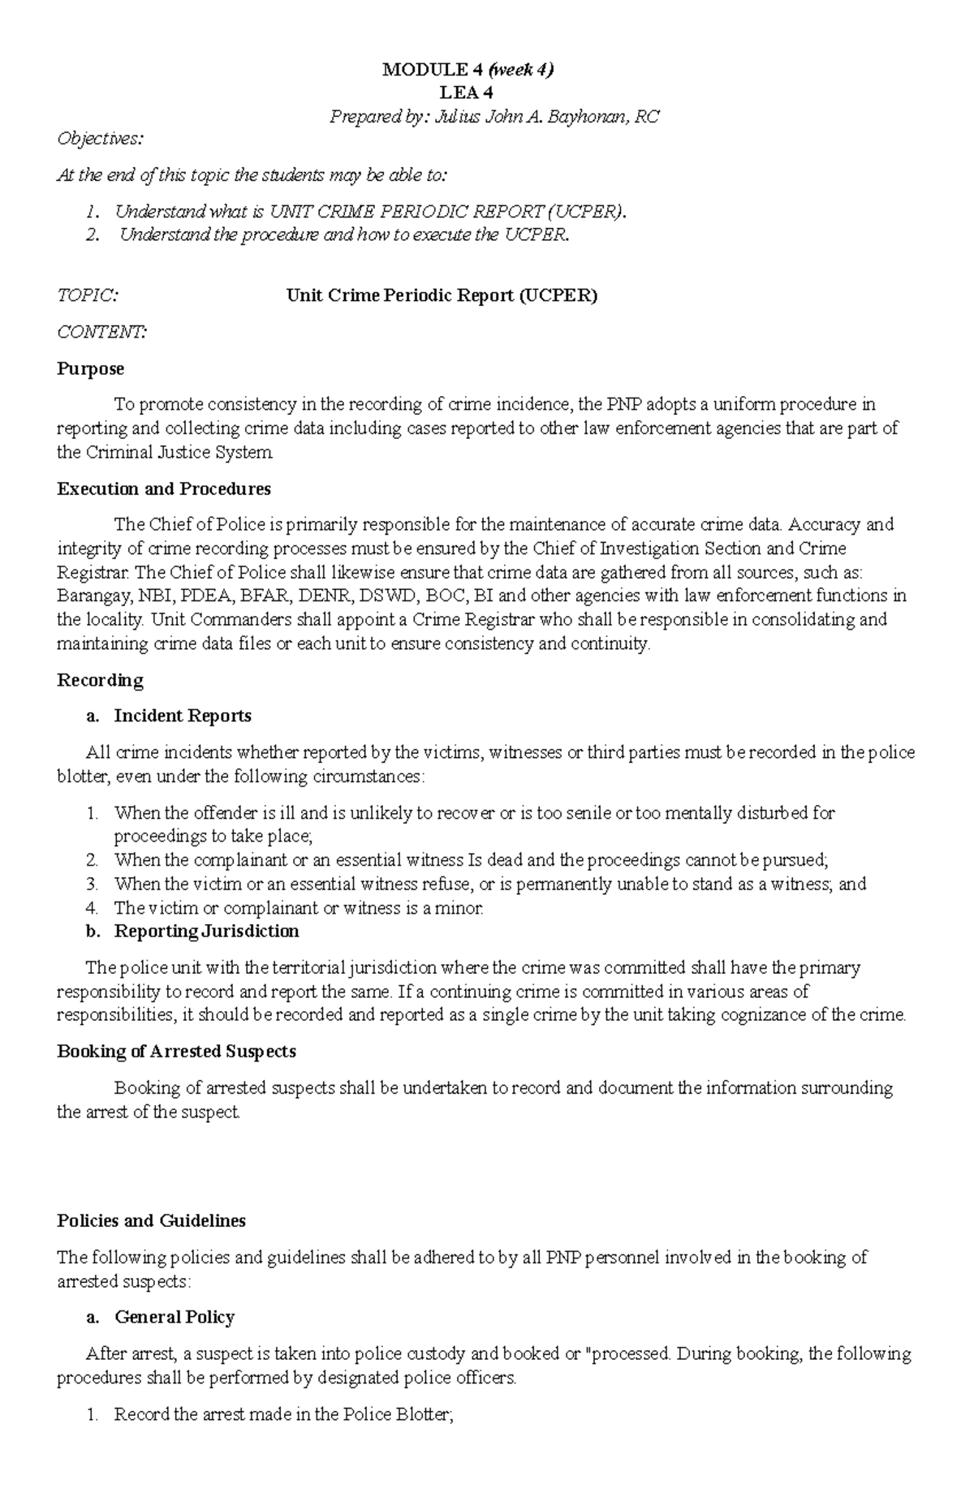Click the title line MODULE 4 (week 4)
tap(468, 70)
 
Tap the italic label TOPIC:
tap(87, 295)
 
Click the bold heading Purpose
tap(90, 368)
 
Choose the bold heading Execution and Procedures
tap(164, 488)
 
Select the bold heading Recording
tap(100, 680)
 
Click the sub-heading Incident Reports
tap(183, 716)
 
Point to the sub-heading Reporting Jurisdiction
tap(206, 931)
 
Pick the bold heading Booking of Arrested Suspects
tap(176, 1051)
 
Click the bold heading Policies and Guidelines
tap(151, 1220)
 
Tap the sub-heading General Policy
tap(175, 1317)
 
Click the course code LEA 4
tap(468, 93)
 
